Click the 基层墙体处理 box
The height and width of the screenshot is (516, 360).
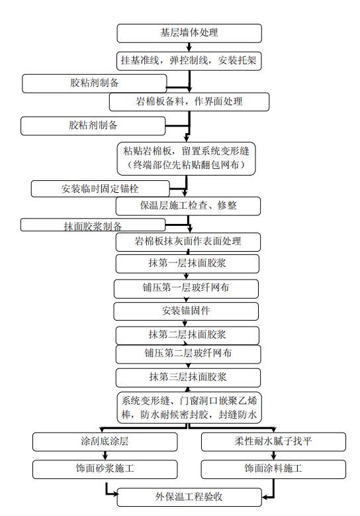click(189, 33)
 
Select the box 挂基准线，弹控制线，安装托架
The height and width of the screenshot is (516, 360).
click(189, 61)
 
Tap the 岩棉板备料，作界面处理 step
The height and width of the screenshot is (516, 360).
click(189, 101)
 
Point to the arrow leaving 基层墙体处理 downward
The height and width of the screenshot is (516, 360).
click(190, 47)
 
